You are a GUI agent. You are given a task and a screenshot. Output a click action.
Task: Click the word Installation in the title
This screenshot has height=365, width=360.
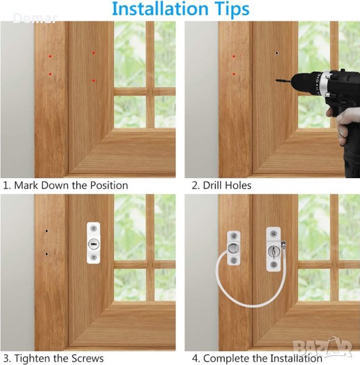coord(160,9)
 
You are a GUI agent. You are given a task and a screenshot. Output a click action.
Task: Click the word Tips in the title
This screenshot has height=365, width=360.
coord(231,10)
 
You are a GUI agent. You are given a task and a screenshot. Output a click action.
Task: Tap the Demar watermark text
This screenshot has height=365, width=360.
coord(35,18)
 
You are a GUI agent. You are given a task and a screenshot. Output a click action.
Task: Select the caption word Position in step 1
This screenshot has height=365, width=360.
coord(109,186)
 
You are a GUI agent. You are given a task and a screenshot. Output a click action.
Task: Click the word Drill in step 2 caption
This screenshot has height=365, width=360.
coord(212,186)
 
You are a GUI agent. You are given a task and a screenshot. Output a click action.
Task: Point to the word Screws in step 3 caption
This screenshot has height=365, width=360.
coord(88,358)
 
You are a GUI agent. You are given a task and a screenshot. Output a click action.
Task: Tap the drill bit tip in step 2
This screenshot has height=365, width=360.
coord(277,80)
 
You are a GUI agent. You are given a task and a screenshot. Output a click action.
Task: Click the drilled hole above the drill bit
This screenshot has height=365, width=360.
coord(277,53)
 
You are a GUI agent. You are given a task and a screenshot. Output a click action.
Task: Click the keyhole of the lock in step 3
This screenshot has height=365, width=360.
coord(93,244)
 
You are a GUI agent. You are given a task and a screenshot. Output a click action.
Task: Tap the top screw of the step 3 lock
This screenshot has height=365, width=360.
coord(93,228)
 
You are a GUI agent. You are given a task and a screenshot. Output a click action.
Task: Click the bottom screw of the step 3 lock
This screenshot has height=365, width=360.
coord(93,257)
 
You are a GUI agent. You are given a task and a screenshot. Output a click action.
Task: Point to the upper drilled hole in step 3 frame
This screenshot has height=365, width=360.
coord(47,231)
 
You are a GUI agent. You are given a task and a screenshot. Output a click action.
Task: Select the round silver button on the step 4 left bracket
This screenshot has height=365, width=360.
coord(234,248)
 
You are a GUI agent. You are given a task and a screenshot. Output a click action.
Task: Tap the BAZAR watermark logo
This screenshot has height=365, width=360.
coord(323,348)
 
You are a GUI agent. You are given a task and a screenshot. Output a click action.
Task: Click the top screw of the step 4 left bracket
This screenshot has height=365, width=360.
coord(234,237)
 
